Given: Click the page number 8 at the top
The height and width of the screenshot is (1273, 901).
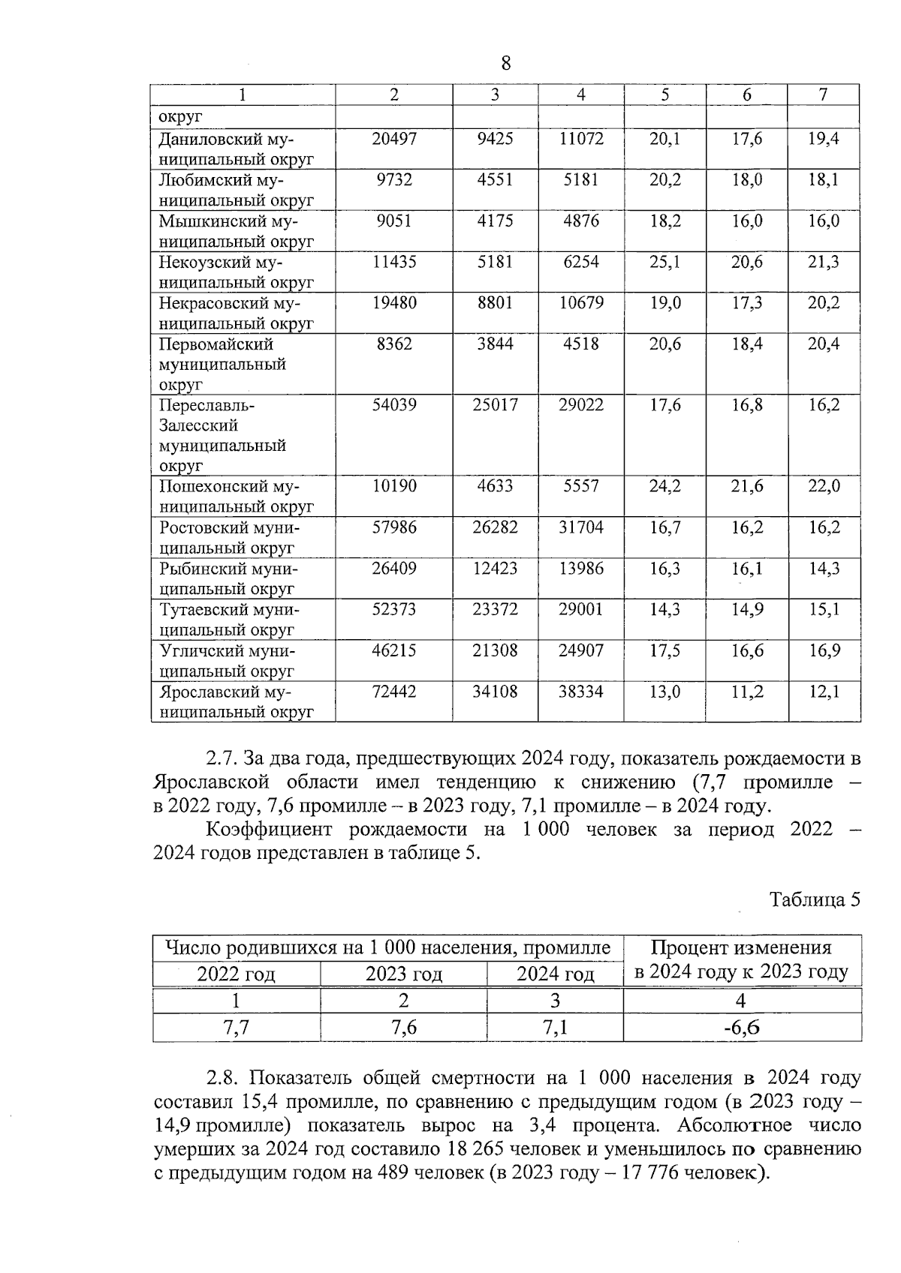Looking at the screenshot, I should tap(505, 64).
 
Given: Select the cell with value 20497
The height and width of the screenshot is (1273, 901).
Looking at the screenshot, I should tap(394, 139).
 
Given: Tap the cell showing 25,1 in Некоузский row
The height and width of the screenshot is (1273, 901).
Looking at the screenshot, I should tap(664, 262).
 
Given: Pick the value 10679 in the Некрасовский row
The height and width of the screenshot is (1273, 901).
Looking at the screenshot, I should tap(580, 303).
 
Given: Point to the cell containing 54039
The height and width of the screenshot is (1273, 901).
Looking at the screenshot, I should tap(394, 405).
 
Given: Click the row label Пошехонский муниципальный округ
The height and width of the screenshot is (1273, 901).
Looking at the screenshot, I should tap(236, 497).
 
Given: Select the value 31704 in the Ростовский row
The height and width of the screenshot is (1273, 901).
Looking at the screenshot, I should tap(580, 527).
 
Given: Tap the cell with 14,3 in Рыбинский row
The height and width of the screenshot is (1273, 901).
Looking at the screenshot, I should tap(824, 569).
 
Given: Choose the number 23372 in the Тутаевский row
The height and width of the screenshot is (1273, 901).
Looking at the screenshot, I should tap(495, 610).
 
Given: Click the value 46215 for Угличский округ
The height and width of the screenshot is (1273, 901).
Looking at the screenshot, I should tap(394, 650).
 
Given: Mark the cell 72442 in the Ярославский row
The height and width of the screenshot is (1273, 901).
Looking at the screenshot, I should tap(394, 692).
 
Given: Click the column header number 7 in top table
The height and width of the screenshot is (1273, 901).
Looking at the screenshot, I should tap(824, 95).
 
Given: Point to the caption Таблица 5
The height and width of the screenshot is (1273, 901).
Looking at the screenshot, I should tap(815, 900).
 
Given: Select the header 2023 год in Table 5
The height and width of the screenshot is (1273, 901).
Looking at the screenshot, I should tap(403, 974).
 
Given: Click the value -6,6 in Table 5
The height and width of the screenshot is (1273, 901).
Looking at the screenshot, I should tap(741, 1028).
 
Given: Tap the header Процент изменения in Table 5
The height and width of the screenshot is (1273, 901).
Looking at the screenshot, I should tap(741, 948).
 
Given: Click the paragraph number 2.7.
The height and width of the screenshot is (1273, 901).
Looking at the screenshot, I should tap(221, 758).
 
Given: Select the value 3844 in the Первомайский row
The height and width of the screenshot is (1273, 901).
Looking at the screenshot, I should tap(495, 344).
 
